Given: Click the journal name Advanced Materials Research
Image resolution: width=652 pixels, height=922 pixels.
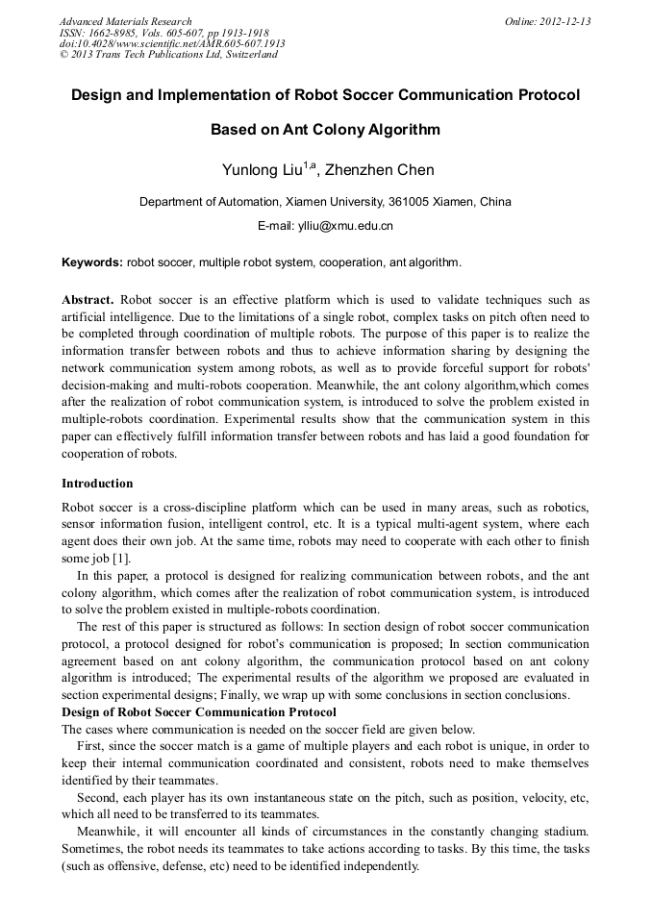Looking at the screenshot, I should click(x=125, y=21).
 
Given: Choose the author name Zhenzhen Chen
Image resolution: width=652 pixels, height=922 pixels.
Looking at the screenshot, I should click(x=379, y=171).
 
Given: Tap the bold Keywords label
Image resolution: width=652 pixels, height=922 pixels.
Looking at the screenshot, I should click(x=91, y=262).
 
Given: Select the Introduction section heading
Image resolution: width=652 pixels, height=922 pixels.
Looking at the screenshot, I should click(x=97, y=483).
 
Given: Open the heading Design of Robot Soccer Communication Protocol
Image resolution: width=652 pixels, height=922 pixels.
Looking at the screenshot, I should click(x=198, y=712).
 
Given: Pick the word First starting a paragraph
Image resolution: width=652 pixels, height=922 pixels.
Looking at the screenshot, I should click(x=91, y=746).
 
